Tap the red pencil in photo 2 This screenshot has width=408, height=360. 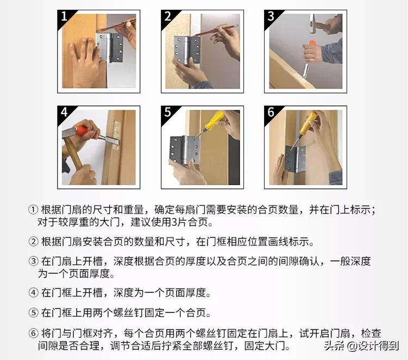[x=215, y=30]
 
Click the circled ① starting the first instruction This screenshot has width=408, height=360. [x=34, y=210]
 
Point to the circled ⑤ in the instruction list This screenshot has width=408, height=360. [x=34, y=313]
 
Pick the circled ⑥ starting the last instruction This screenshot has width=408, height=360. [x=34, y=333]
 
